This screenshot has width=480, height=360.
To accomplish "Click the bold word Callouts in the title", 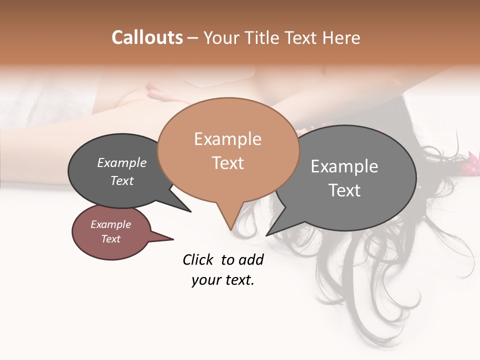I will coord(147,37).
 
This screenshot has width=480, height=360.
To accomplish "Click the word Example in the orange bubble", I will coord(227,139).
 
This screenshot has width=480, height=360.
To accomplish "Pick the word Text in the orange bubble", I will coord(228,162).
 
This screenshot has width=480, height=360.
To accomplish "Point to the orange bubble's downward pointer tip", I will coord(230,229).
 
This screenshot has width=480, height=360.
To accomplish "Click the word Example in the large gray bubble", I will coord(344,166).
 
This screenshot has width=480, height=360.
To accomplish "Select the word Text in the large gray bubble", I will coord(344,190).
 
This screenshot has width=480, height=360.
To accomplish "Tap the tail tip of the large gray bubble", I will coord(266,235).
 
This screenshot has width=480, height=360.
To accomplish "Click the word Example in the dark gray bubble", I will coord(122,162).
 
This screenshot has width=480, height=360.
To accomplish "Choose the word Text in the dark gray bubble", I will coord(122,180).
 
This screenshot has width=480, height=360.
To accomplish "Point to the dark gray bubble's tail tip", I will coord(190,211).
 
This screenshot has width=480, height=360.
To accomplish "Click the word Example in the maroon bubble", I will coord(110,224).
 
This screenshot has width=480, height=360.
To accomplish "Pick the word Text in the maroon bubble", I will coord(110,238).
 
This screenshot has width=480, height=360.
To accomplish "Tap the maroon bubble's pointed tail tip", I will coord(173,239).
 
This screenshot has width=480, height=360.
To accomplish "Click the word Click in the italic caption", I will coord(198,259).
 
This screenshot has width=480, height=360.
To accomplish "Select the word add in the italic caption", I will coord(251,259).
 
